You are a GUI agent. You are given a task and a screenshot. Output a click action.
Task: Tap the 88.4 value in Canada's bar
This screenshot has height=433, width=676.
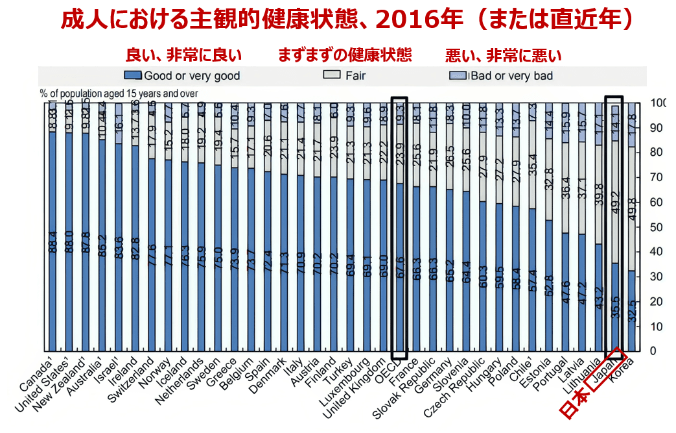click(x=52, y=241)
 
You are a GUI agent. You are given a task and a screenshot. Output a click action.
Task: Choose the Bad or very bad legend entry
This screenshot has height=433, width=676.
click(x=511, y=76)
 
